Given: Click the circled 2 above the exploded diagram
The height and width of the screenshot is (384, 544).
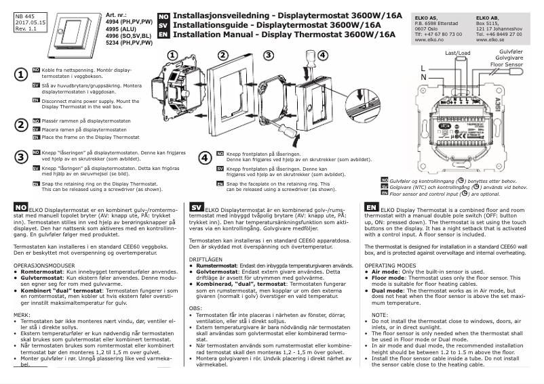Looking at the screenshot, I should (x=222, y=54).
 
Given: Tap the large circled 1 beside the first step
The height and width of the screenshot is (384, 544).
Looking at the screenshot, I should (x=22, y=74).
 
